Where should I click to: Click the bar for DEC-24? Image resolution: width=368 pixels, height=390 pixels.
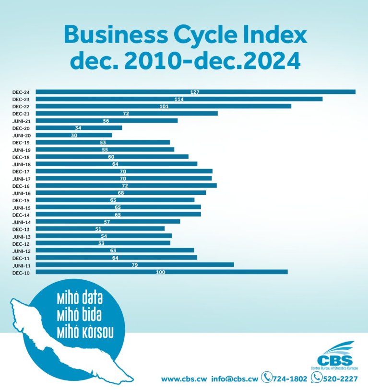click(196, 92)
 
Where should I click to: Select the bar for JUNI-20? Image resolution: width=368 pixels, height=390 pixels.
click(74, 135)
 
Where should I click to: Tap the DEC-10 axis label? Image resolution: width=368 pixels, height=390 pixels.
click(21, 272)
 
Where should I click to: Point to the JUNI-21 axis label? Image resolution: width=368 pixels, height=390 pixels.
click(21, 121)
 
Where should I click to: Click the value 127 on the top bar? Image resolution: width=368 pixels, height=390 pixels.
click(194, 92)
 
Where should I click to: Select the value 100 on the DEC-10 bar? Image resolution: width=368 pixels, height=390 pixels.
click(161, 272)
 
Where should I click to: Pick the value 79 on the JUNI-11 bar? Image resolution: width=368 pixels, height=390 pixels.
click(135, 265)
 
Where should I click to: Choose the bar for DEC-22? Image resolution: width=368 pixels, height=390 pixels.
click(164, 106)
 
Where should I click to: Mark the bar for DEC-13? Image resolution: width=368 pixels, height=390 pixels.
click(100, 229)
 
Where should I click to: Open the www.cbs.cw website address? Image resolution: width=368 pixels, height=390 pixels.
click(184, 379)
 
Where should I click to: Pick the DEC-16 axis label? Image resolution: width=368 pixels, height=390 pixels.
click(21, 185)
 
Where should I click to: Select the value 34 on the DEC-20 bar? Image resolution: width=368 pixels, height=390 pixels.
click(78, 128)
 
